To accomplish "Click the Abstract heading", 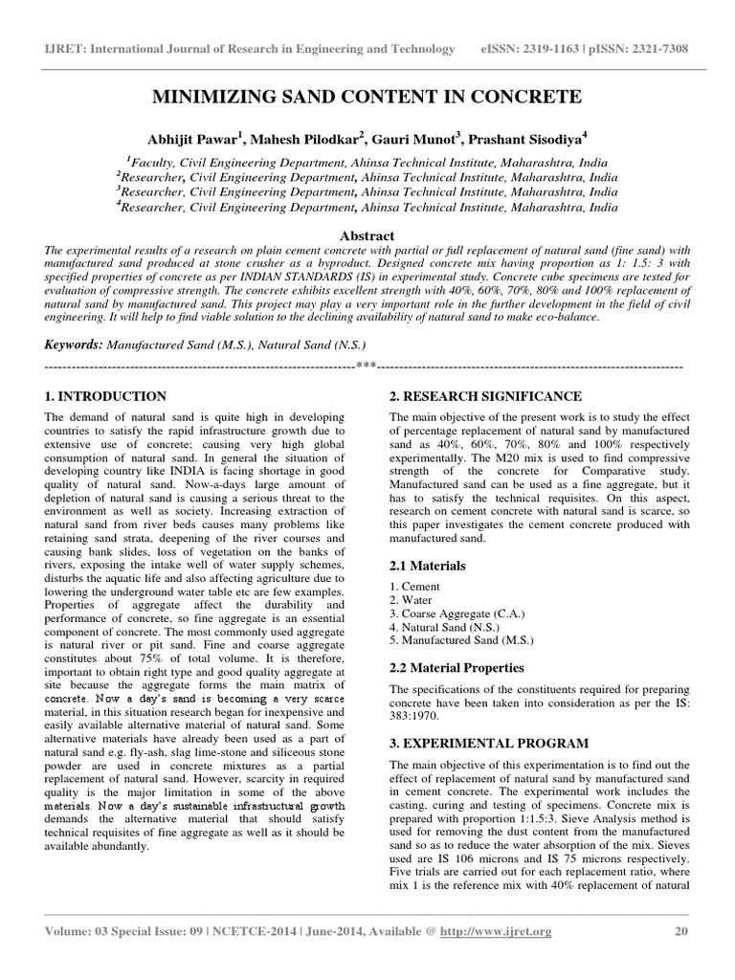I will (x=367, y=235).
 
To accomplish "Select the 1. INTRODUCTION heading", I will (x=106, y=396).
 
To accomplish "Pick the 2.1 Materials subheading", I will (x=428, y=567).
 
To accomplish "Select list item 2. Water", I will (x=412, y=600).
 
